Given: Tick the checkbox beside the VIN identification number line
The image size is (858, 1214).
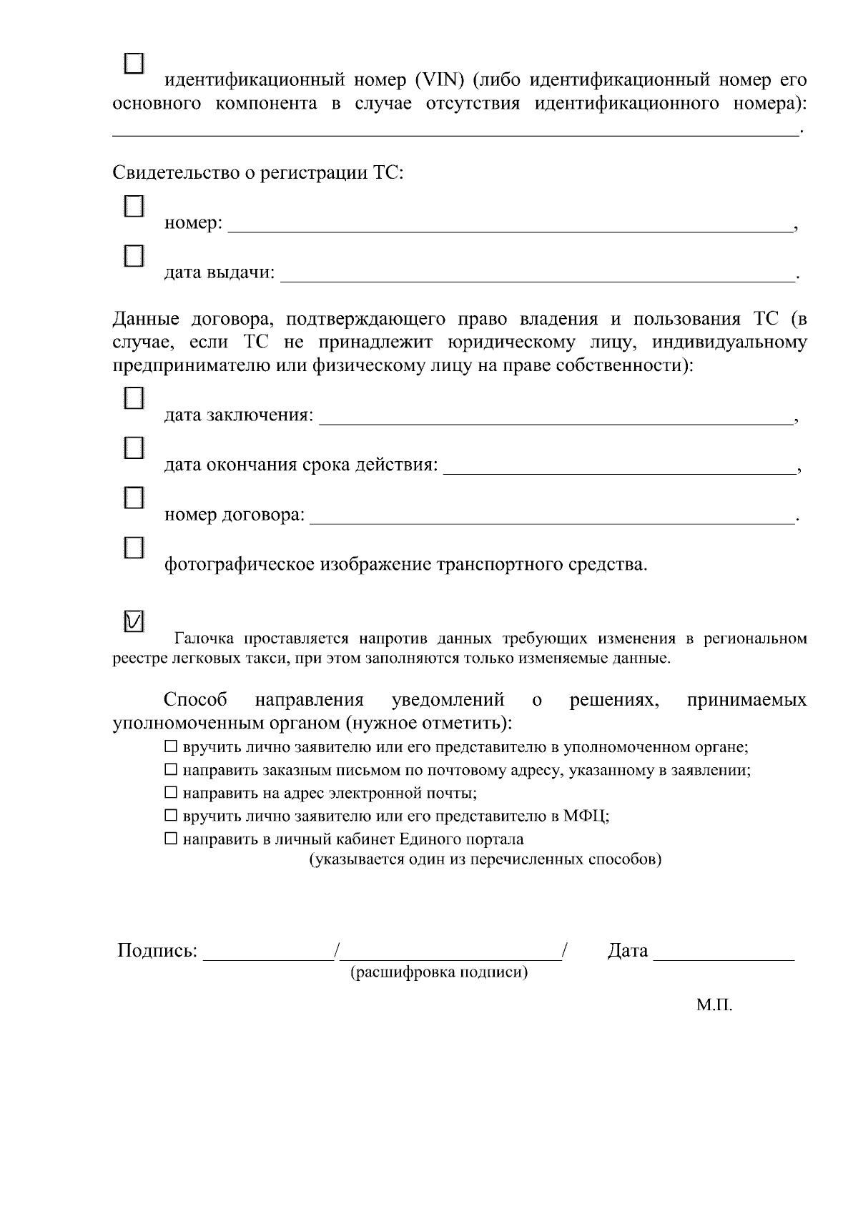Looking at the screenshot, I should pyautogui.click(x=134, y=63).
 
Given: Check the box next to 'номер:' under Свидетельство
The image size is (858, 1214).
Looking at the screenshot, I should pyautogui.click(x=134, y=207).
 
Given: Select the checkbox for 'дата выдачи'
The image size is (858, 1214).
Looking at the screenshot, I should pyautogui.click(x=134, y=256).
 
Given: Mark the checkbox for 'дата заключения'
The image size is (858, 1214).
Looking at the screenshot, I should pyautogui.click(x=134, y=398).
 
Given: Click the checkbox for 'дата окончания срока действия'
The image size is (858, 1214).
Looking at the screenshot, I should pyautogui.click(x=134, y=448).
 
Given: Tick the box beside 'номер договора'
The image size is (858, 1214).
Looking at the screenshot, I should pyautogui.click(x=134, y=498).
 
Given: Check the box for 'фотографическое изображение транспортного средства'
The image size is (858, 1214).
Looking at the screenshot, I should pyautogui.click(x=134, y=548).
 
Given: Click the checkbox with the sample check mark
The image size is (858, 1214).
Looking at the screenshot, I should pyautogui.click(x=134, y=621).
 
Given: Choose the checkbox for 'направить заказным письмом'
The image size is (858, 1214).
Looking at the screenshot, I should pyautogui.click(x=170, y=771).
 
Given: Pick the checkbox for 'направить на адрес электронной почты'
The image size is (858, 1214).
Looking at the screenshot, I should pyautogui.click(x=170, y=793).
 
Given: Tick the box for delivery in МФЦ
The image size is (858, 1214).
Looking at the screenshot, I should pyautogui.click(x=170, y=816).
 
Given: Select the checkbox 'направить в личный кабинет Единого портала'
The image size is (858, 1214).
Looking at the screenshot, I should pyautogui.click(x=170, y=839).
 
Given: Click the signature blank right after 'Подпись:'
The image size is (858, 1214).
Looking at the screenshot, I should pyautogui.click(x=267, y=952).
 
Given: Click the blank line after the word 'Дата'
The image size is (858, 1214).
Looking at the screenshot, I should pyautogui.click(x=724, y=952).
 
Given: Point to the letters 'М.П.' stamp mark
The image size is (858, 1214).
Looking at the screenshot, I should pyautogui.click(x=714, y=1005).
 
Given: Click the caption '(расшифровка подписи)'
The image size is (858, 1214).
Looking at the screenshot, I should pyautogui.click(x=438, y=973).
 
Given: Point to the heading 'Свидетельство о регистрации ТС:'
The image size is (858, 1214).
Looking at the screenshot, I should pyautogui.click(x=258, y=173).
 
